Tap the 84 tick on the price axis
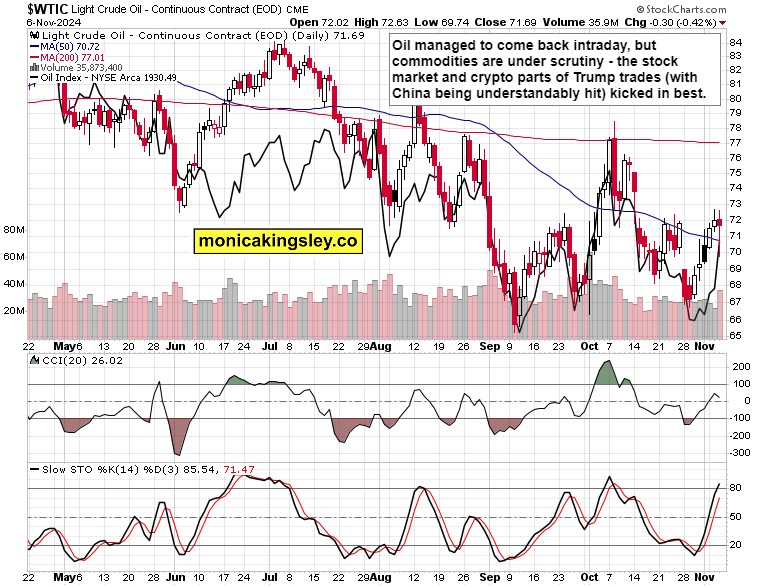pyautogui.click(x=734, y=42)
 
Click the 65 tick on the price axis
pyautogui.click(x=734, y=335)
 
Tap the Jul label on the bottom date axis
pyautogui.click(x=270, y=577)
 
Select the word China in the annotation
pyautogui.click(x=416, y=93)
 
